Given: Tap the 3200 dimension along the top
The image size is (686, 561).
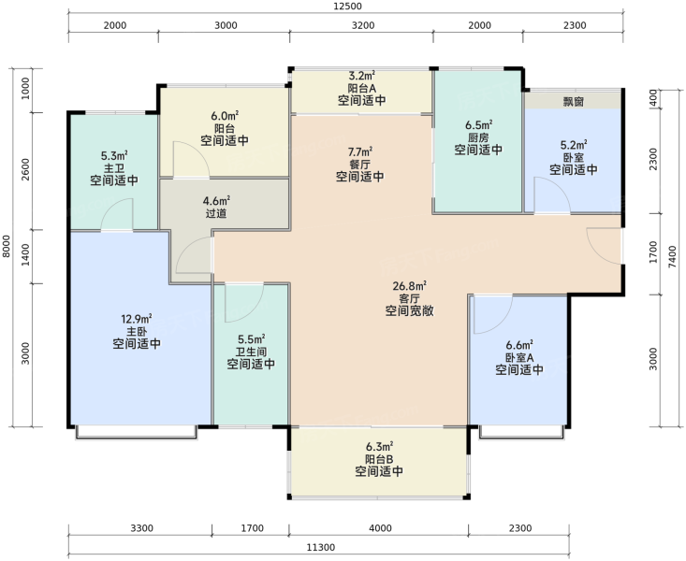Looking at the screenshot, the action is point(363,25).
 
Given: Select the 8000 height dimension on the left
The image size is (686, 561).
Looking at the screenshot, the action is point(7,246).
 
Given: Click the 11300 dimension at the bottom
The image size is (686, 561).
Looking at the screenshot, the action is point(321,548).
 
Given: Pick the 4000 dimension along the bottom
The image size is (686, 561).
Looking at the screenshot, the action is point(380,528).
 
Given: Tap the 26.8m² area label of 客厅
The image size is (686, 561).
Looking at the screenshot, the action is point(410,286).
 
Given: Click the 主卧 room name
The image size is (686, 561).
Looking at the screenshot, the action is point(137,331).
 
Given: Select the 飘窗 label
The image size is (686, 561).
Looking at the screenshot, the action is point(573,102).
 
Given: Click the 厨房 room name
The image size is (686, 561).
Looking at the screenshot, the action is point(477,137).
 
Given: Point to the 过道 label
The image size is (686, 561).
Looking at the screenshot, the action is point(216,213).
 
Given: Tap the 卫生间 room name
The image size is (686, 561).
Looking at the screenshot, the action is point(251,352).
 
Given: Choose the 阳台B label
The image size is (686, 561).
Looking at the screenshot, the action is point(379,459).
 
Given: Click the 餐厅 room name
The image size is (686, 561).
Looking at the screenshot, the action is point(359,165).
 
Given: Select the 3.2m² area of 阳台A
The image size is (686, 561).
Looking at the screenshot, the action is point(361,76).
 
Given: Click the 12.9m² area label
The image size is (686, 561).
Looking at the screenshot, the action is point(137,319).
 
